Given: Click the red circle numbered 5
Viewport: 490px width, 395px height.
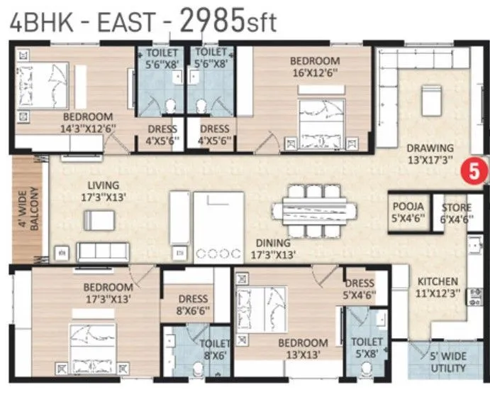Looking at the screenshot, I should pyautogui.click(x=469, y=171).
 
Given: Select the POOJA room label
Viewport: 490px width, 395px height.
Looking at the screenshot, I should pyautogui.click(x=408, y=212).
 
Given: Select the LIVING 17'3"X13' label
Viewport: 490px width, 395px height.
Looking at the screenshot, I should pyautogui.click(x=98, y=191).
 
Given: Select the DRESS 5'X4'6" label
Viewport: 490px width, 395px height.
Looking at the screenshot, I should pyautogui.click(x=360, y=289).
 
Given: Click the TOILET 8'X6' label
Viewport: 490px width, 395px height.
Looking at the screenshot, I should pyautogui.click(x=215, y=350).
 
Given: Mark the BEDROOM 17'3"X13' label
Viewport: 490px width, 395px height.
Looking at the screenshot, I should pyautogui.click(x=108, y=293).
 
